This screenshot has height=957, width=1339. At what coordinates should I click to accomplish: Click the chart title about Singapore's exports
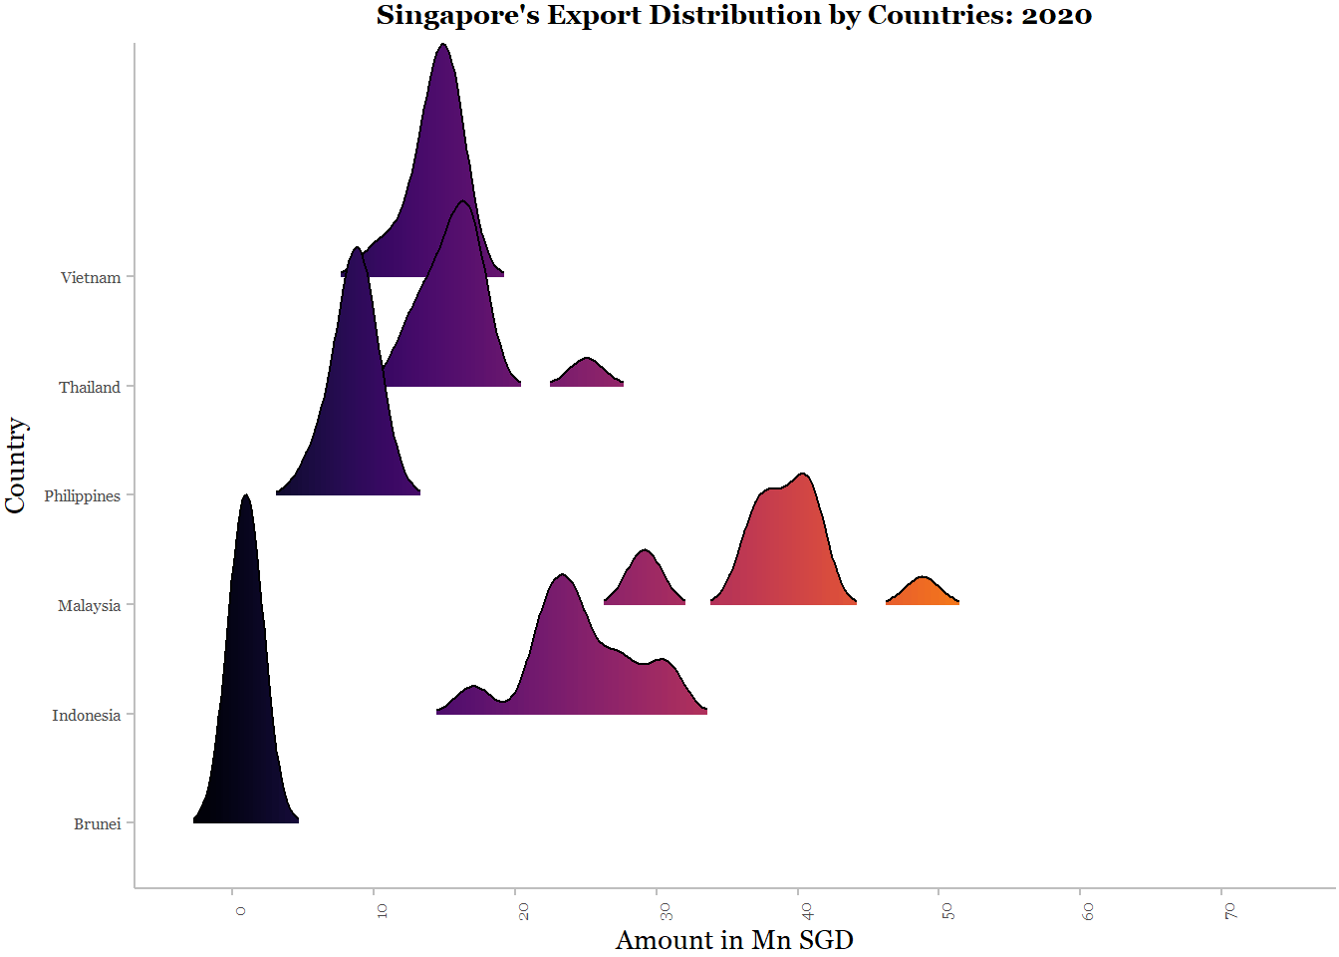click(x=733, y=16)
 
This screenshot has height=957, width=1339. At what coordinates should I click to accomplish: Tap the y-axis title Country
click(x=15, y=466)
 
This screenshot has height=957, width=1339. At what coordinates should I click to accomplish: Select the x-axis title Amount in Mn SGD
click(x=734, y=940)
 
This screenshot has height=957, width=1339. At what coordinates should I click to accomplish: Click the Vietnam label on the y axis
click(x=91, y=278)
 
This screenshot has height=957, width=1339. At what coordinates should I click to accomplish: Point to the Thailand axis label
click(x=90, y=388)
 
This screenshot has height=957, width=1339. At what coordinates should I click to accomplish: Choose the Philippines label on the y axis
click(x=82, y=496)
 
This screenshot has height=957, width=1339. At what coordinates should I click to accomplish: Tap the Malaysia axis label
click(x=89, y=606)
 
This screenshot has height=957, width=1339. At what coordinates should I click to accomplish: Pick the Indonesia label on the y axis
click(x=86, y=716)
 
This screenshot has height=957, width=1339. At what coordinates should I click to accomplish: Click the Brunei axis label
click(x=98, y=824)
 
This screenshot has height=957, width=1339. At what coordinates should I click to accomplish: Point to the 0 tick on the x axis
click(x=240, y=910)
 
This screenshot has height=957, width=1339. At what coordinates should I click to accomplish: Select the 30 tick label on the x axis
click(x=666, y=911)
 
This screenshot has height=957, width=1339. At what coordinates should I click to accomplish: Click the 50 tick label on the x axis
click(x=947, y=911)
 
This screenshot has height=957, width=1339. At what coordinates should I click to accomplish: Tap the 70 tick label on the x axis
click(x=1230, y=911)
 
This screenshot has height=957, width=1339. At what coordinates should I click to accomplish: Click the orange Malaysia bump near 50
click(x=923, y=590)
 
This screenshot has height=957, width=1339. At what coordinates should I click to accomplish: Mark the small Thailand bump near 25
click(x=587, y=371)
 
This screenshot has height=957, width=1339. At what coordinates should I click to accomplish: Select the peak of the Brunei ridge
click(x=246, y=498)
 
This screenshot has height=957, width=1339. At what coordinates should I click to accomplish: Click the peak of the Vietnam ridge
click(x=443, y=48)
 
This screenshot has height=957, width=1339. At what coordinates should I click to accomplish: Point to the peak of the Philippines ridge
click(x=356, y=250)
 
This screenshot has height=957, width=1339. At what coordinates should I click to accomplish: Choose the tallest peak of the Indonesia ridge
click(x=563, y=578)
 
